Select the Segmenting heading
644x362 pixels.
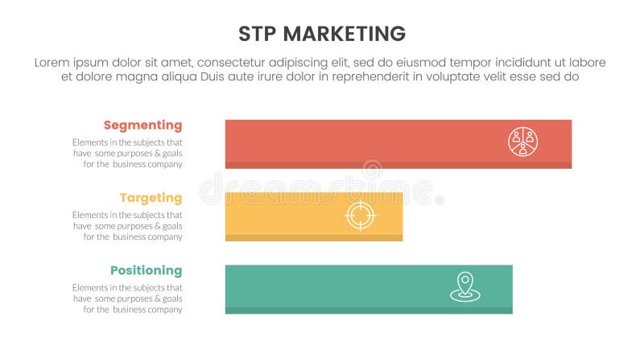click(x=142, y=125)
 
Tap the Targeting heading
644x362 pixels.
click(x=151, y=198)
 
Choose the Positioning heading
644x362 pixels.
click(x=146, y=270)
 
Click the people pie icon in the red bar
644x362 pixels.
click(x=522, y=142)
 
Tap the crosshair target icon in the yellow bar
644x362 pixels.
click(x=360, y=215)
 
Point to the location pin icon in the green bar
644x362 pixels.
click(x=465, y=287)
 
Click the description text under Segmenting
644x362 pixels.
click(x=127, y=153)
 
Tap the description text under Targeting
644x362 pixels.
click(x=127, y=226)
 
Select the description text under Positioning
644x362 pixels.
click(x=127, y=298)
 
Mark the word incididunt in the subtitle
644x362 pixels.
click(x=514, y=63)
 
